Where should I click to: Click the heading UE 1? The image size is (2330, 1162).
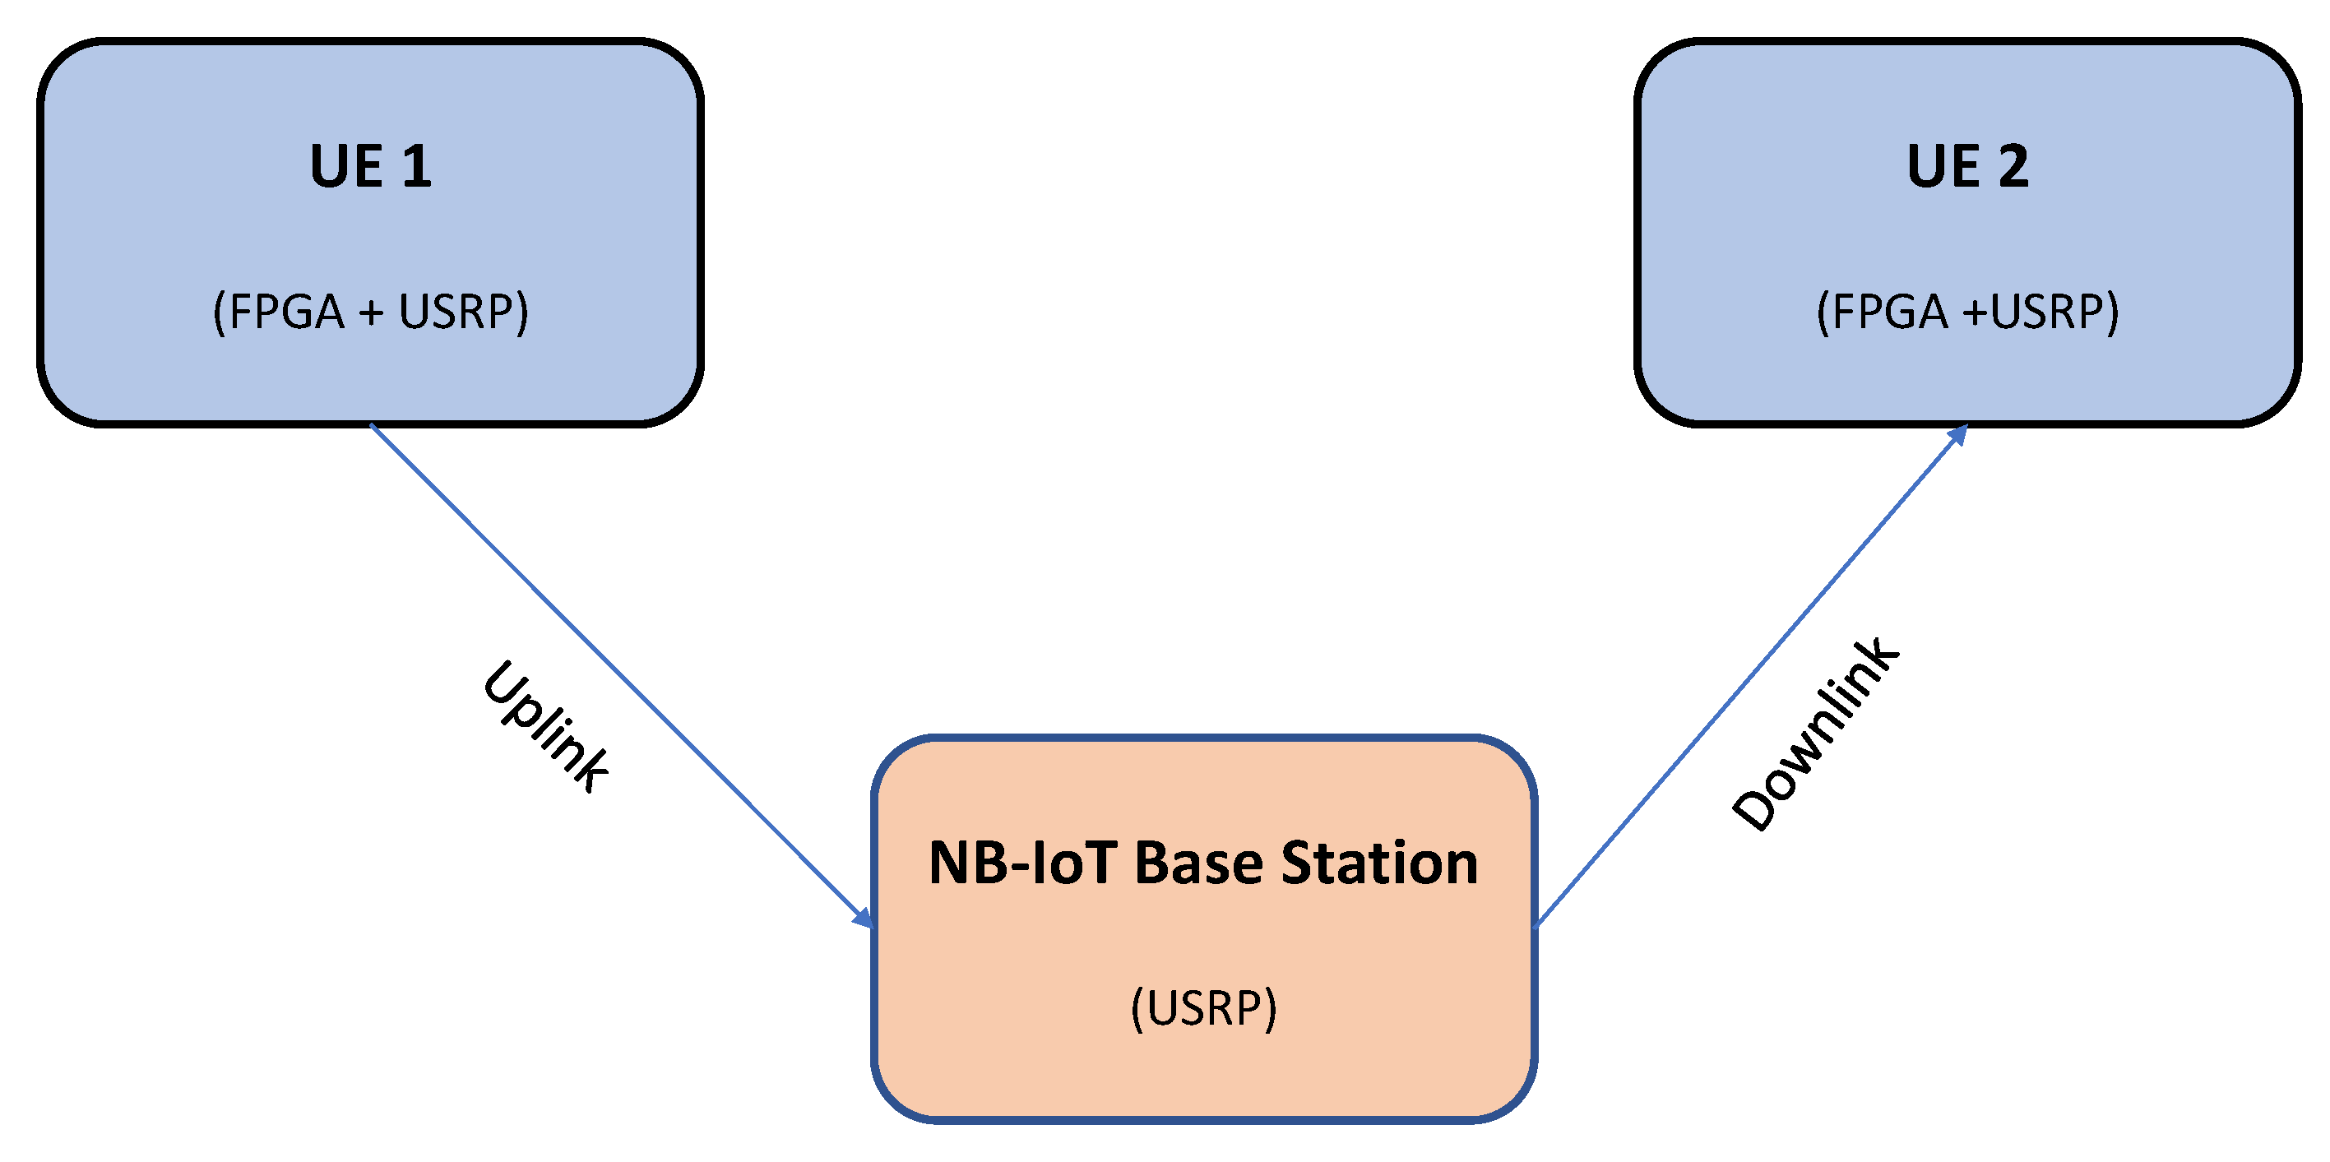coord(370,166)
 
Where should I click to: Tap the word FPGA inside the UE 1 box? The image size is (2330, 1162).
coord(287,312)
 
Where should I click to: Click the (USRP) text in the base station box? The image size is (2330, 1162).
coord(1203,1007)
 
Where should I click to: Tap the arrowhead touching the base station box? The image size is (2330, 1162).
coord(864,918)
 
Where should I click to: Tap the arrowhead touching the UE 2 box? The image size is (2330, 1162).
coord(1957,436)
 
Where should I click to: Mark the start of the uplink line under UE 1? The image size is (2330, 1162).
coord(373,426)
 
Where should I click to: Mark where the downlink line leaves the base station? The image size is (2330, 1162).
coord(1538,924)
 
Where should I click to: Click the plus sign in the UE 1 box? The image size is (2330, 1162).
coord(371,314)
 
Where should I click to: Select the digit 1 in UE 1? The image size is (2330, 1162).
coord(416,166)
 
